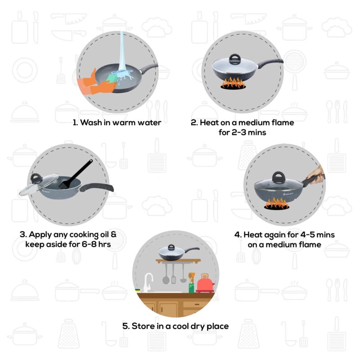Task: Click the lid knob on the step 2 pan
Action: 235,58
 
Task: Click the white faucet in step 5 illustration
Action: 147,283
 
